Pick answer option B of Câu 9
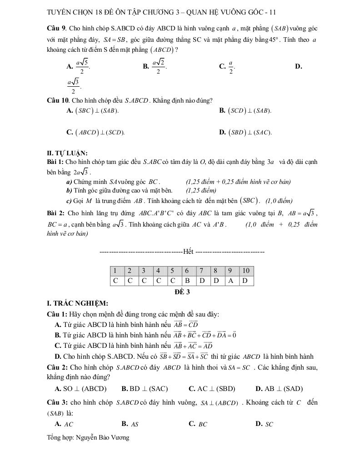tap(155, 67)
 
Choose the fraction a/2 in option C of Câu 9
tap(230, 67)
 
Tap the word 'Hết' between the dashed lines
tap(188, 251)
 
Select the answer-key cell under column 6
tap(188, 281)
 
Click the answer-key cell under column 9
tap(231, 281)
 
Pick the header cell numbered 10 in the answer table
tap(246, 271)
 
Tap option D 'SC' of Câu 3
tap(265, 424)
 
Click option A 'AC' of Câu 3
tap(64, 424)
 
